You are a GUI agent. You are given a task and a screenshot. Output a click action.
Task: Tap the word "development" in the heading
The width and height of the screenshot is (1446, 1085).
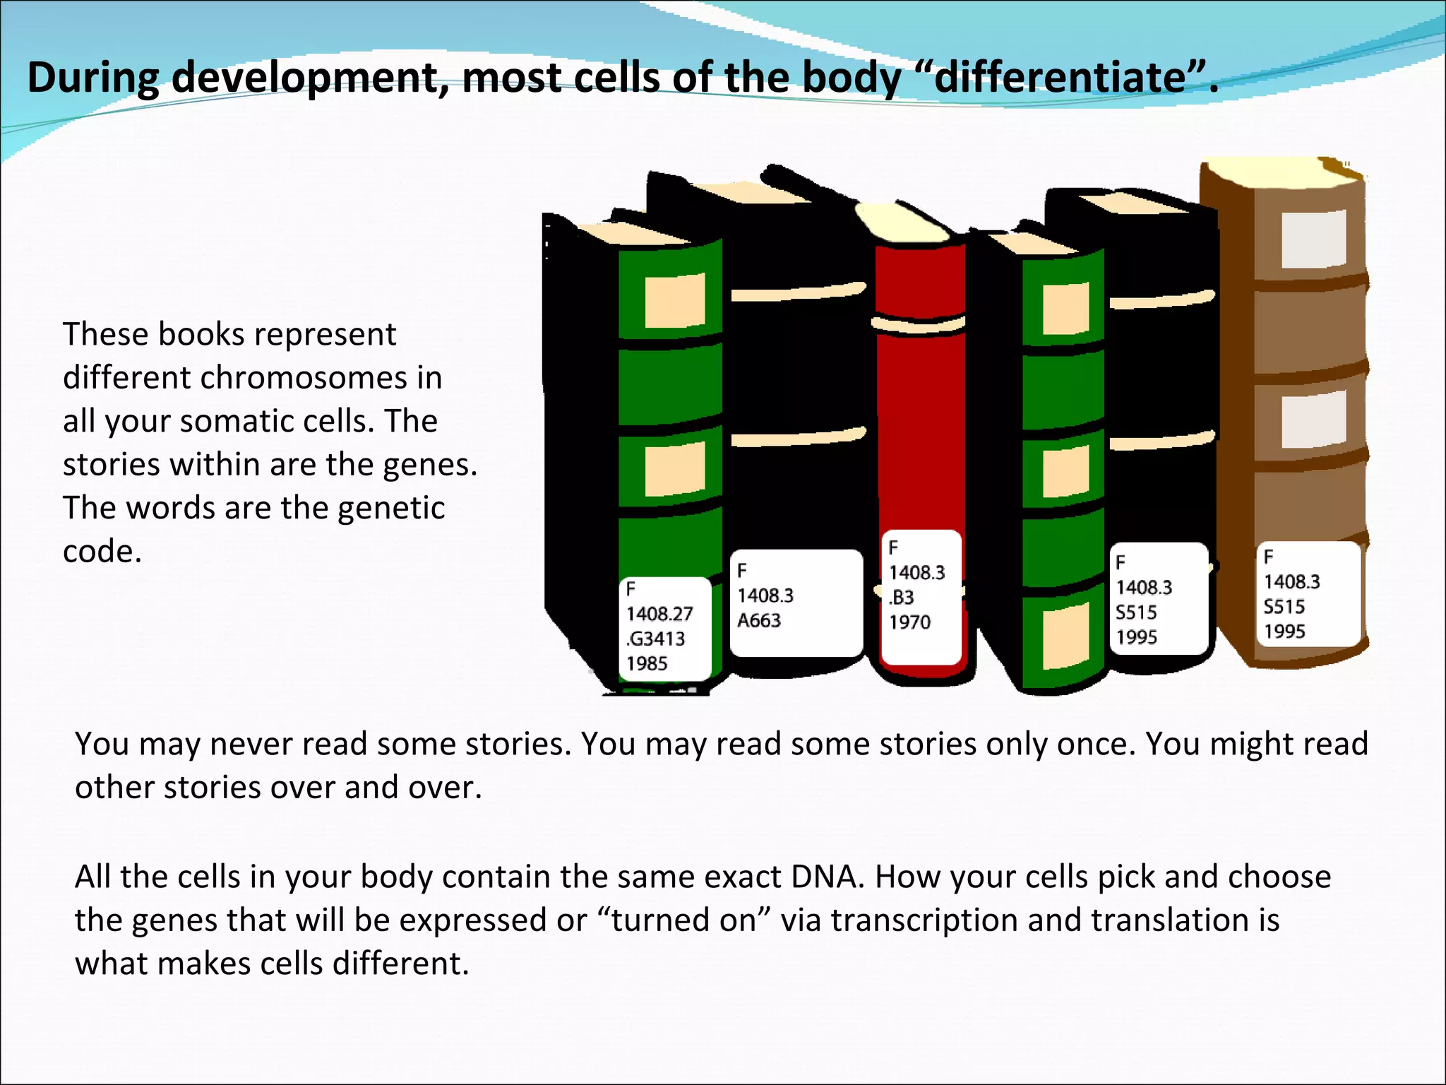click(x=311, y=78)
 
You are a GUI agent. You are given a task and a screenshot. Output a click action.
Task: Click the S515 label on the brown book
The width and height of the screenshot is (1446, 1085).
click(x=1308, y=594)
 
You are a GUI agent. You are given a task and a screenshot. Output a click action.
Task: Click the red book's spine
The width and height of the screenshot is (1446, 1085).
click(x=920, y=424)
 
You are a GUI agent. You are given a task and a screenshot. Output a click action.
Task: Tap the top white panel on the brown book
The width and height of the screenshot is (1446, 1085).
click(x=1313, y=238)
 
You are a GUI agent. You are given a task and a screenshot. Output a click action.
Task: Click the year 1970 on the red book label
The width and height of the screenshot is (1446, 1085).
click(x=910, y=622)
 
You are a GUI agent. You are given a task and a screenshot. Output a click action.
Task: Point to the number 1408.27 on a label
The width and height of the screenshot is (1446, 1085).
click(x=659, y=614)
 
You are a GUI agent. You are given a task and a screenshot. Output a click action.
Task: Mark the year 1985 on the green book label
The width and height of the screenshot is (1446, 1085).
click(x=647, y=664)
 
